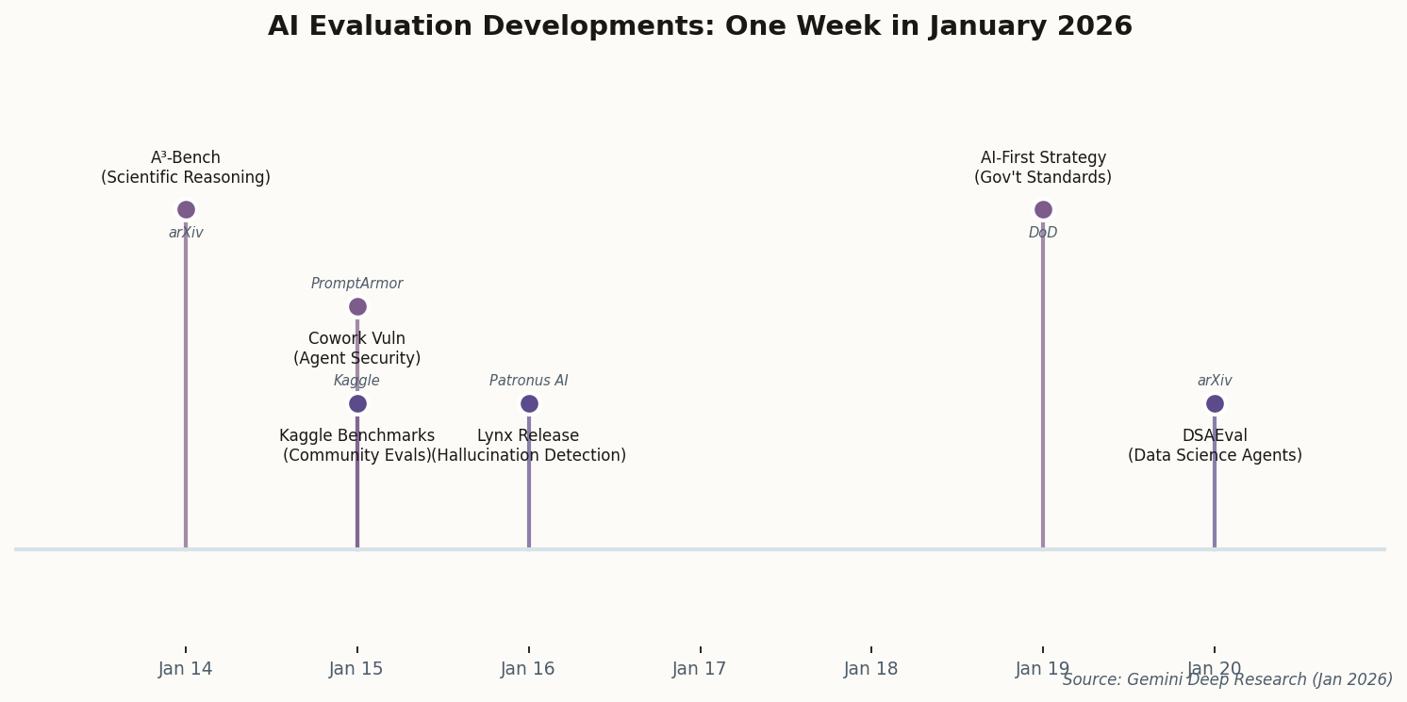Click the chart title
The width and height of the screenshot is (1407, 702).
[x=700, y=27]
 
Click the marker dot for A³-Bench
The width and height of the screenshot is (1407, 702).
[x=186, y=209]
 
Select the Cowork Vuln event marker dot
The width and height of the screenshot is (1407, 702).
[x=357, y=306]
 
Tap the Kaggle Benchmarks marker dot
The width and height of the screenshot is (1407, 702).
[x=357, y=403]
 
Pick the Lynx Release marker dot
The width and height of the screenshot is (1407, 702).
[x=529, y=403]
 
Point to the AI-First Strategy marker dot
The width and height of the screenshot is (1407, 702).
[x=1043, y=209]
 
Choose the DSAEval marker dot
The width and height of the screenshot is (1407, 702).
[x=1215, y=403]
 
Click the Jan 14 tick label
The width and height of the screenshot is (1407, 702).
[x=186, y=669]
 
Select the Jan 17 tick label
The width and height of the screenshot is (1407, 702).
[x=700, y=669]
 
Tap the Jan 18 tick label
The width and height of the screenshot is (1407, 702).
[x=871, y=669]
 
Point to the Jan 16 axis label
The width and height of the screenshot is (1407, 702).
[x=528, y=669]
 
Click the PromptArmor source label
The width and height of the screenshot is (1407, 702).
[x=357, y=284]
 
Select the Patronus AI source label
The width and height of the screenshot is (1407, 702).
[x=529, y=381]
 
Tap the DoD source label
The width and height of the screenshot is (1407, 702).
[x=1043, y=233]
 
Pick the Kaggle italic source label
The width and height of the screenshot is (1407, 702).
[x=357, y=381]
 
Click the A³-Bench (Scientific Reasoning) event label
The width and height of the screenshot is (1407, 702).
[x=186, y=168]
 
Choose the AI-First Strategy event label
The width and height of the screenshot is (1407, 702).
[x=1043, y=168]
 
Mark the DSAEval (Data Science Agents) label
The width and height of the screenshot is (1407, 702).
[x=1215, y=446]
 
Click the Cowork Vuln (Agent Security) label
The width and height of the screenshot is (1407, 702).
[x=357, y=349]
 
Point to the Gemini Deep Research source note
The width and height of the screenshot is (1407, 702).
[x=1227, y=680]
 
